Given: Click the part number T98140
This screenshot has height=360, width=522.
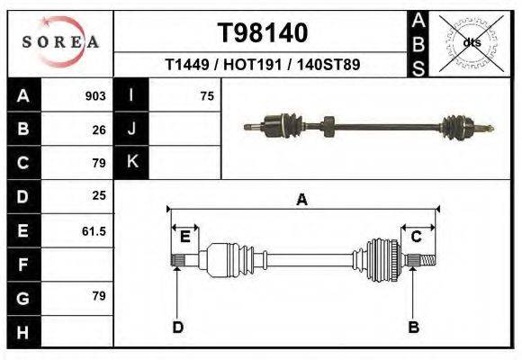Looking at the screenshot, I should (x=263, y=33).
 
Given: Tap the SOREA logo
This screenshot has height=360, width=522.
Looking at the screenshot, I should (x=60, y=42).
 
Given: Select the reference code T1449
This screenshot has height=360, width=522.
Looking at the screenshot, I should (x=187, y=66).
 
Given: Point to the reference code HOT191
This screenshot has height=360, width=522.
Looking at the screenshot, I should (x=251, y=66).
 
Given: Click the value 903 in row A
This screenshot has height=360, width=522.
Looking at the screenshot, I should (x=95, y=96).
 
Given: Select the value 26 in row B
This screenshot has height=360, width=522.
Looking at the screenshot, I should (x=99, y=130).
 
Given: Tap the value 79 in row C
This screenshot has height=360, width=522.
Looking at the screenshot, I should (x=99, y=163).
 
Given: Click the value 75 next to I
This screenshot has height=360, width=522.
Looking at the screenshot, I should (x=207, y=96).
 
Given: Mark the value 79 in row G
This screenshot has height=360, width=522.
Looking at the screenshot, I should (x=99, y=296).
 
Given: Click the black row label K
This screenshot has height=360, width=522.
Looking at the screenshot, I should (x=132, y=163).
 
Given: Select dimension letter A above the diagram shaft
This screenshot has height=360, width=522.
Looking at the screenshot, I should (x=302, y=200).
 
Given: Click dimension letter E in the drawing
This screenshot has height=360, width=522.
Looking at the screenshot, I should (x=184, y=237).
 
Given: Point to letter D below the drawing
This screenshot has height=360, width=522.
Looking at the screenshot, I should (x=177, y=327).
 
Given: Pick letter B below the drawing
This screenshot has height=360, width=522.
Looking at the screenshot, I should (x=413, y=327).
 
